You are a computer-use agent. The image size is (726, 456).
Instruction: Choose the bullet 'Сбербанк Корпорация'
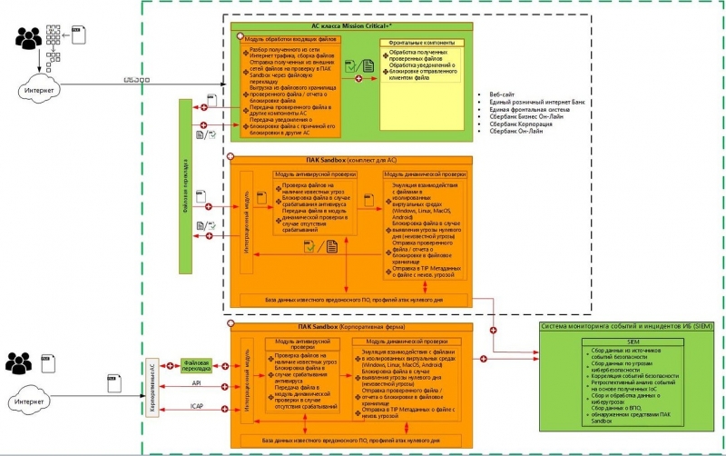pyautogui.click(x=521, y=124)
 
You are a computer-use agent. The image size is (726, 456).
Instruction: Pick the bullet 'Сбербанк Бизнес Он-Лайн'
pyautogui.click(x=526, y=116)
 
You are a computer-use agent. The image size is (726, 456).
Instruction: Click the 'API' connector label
pyautogui.click(x=196, y=382)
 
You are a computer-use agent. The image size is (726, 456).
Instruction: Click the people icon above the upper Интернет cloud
pyautogui.click(x=28, y=38)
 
